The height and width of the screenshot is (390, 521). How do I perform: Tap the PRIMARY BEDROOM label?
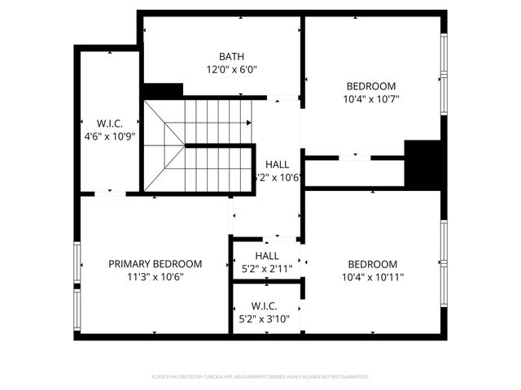point(155,264)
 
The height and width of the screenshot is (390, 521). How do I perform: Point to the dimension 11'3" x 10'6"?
point(155,277)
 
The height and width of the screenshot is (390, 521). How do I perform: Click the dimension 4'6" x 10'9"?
point(109,136)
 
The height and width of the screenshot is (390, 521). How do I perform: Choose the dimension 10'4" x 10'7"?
point(371,99)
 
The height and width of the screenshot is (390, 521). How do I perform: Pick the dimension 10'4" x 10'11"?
point(372,277)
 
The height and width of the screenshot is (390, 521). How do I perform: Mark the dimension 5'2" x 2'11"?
point(265,269)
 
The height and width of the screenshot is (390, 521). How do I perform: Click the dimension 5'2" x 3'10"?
point(265,318)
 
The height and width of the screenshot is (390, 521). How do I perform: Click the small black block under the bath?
point(163,91)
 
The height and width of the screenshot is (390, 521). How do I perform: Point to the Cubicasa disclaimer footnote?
point(260,377)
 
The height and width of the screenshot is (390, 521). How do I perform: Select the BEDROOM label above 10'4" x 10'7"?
point(371,86)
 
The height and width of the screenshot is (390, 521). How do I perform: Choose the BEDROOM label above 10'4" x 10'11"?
point(372,264)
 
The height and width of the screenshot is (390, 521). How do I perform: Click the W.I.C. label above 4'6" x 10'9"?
point(109,123)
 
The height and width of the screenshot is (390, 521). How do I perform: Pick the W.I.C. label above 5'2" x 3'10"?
point(265,305)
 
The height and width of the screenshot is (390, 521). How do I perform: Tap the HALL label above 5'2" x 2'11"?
point(265,256)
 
